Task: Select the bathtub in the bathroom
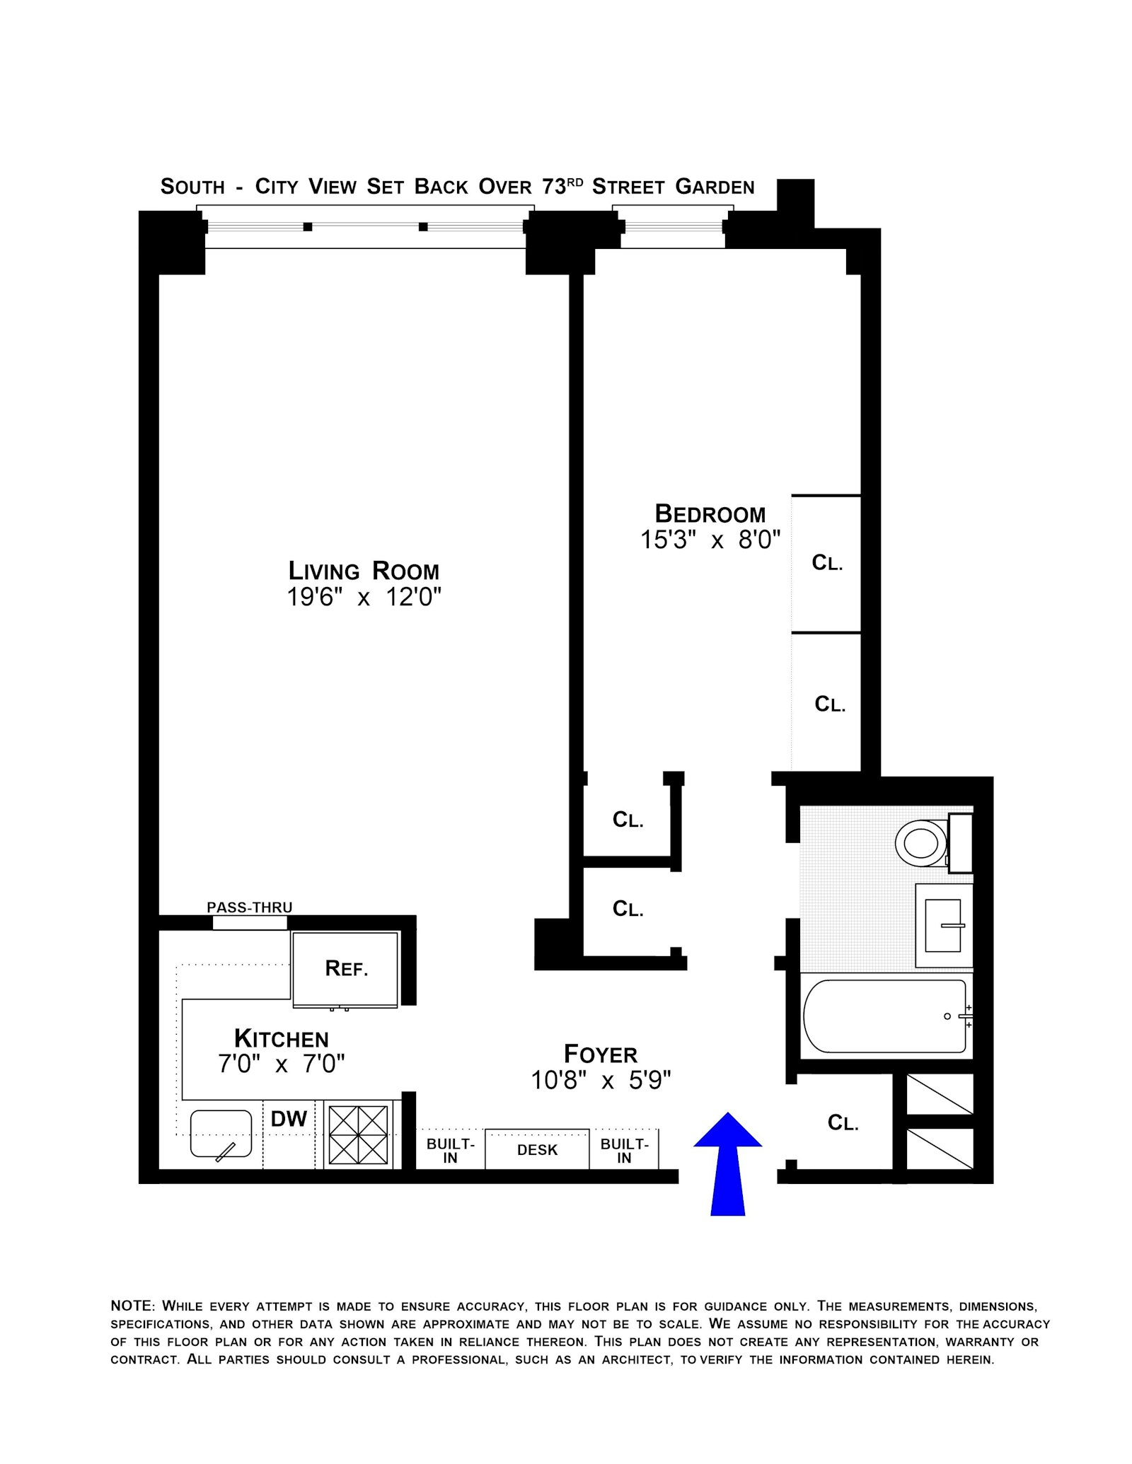click(885, 1016)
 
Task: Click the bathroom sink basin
click(942, 925)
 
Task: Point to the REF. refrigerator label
click(346, 968)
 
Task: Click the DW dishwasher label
click(289, 1118)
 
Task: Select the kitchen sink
click(221, 1134)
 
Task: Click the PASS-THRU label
click(249, 907)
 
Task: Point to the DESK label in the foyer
click(537, 1150)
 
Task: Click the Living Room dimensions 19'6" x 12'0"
click(364, 598)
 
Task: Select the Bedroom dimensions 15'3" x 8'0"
click(710, 540)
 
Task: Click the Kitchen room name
click(282, 1039)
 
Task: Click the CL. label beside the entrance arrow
click(843, 1122)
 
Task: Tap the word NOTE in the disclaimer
click(132, 1306)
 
